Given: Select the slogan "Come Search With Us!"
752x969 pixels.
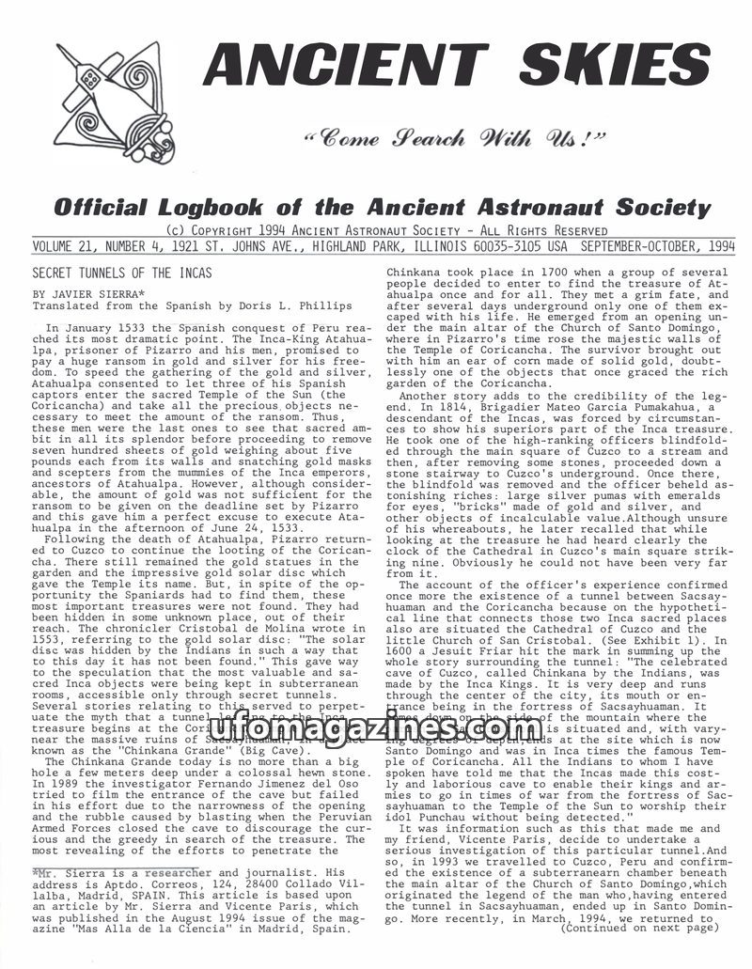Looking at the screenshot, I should point(460,142).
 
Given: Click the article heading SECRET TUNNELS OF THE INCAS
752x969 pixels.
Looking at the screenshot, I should point(122,273).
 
